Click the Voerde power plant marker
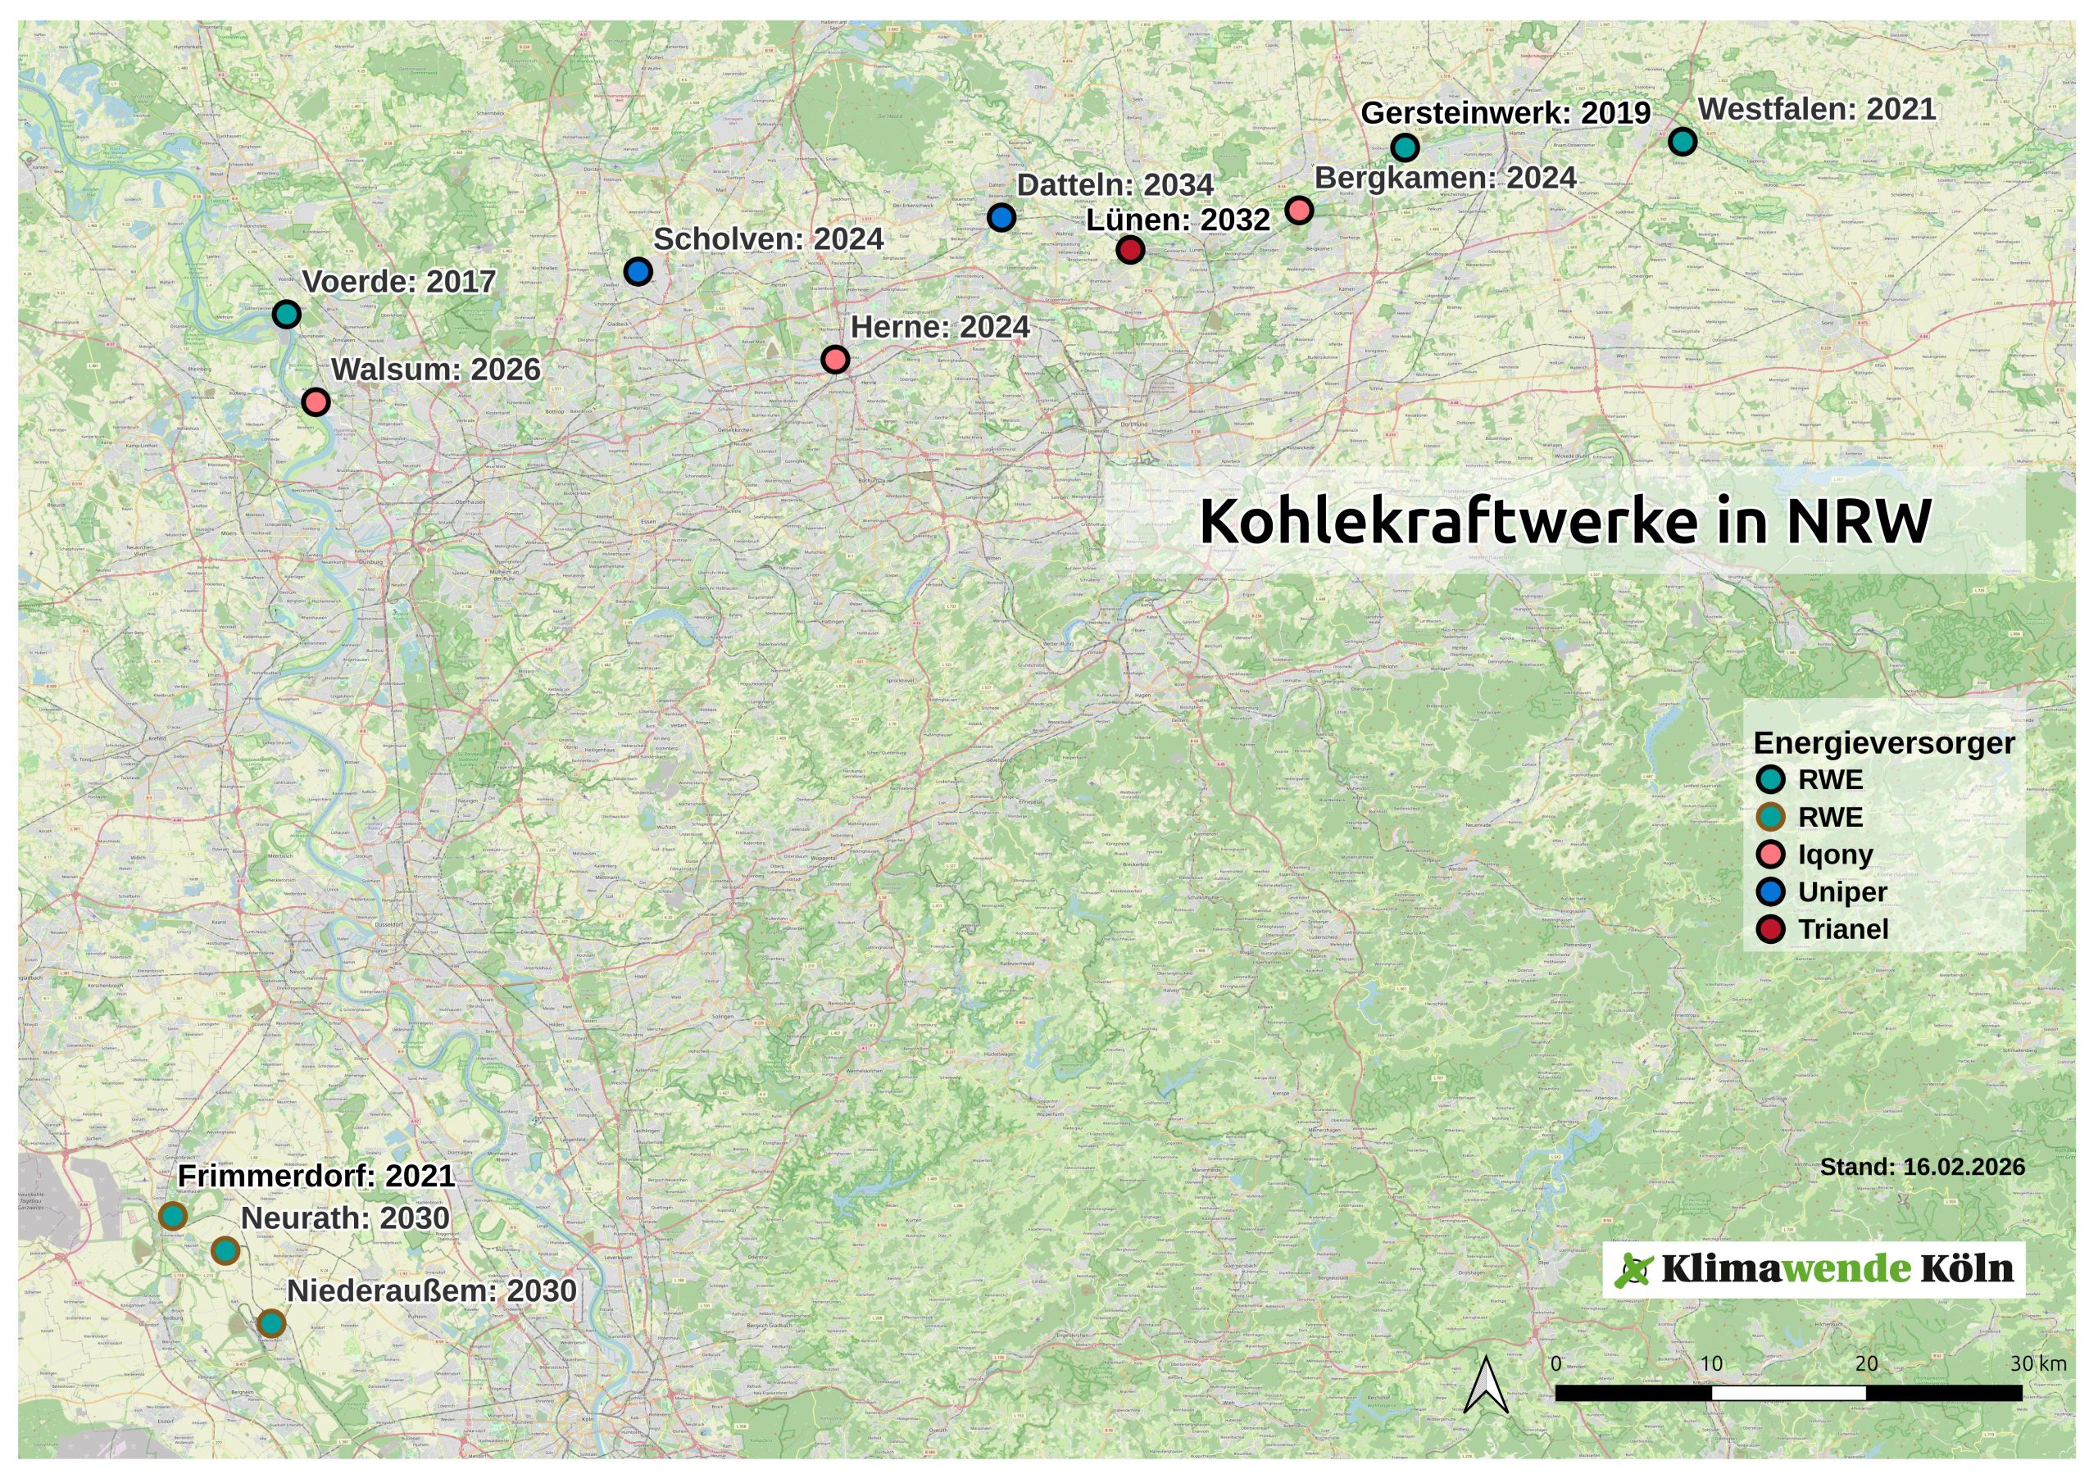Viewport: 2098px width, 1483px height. click(287, 315)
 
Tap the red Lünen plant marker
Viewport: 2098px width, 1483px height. click(1130, 249)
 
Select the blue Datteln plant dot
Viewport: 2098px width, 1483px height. click(1001, 217)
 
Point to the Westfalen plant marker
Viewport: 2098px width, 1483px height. click(1682, 142)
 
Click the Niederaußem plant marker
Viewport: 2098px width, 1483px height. click(271, 1323)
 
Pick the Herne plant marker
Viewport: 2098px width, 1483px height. click(835, 359)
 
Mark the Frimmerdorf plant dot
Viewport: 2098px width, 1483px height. click(173, 1216)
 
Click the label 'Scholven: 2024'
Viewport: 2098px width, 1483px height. click(769, 239)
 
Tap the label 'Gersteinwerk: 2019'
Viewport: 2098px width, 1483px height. click(1505, 113)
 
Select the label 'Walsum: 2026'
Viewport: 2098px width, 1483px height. click(436, 370)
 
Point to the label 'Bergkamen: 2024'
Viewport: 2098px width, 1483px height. click(1446, 178)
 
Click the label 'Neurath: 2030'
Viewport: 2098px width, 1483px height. click(345, 1219)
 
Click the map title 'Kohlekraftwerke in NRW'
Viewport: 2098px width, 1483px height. click(1564, 522)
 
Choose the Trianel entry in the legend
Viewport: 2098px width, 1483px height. click(1843, 929)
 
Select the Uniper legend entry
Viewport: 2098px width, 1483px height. click(1842, 891)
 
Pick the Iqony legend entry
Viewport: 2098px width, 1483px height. click(1835, 855)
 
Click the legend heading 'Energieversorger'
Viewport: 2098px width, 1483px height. click(1884, 743)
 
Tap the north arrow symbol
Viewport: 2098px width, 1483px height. click(1487, 1385)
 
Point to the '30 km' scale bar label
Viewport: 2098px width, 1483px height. click(2037, 1364)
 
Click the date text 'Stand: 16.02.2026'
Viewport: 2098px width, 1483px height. click(1923, 1167)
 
